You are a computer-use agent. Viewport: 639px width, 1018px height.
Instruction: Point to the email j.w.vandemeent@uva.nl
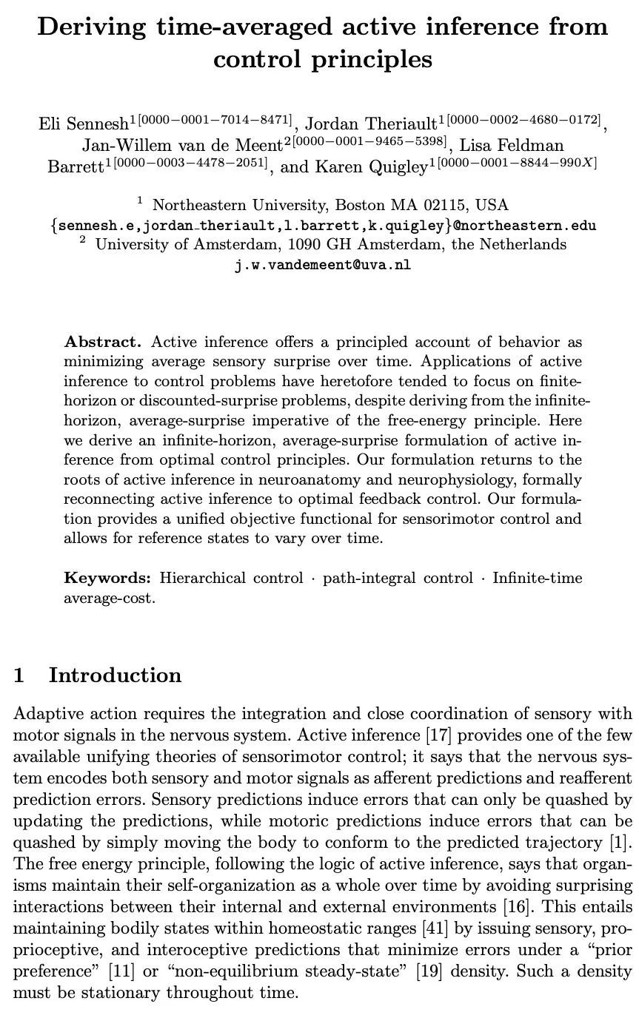pos(322,264)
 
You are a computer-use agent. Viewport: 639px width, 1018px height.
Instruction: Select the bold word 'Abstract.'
pos(102,342)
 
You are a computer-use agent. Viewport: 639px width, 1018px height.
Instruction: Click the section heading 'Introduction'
pos(115,675)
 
